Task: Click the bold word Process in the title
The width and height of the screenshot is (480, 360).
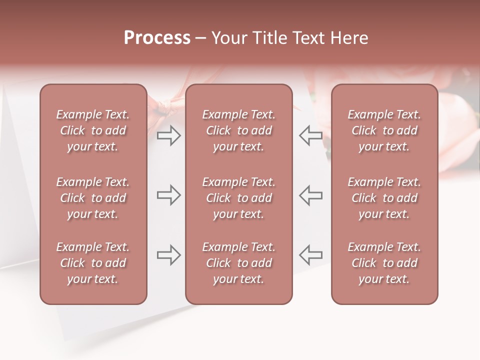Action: click(157, 38)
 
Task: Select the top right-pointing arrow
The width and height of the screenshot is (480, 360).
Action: click(168, 135)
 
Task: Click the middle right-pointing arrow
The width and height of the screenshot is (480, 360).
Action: click(168, 195)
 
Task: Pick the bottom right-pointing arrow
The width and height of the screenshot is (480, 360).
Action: click(168, 255)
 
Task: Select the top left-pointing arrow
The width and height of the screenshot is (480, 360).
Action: click(310, 135)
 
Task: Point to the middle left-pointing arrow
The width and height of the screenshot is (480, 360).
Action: click(310, 195)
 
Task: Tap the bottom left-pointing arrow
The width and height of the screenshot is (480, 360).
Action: click(310, 255)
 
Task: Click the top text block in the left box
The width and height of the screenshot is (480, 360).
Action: click(93, 130)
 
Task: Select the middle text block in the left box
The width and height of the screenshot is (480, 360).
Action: click(93, 198)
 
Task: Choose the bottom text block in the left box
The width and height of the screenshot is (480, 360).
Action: click(93, 263)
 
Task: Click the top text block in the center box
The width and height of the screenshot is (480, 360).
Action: click(238, 130)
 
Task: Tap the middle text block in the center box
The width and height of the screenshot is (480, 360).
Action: click(238, 198)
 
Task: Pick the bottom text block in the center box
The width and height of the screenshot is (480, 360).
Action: click(238, 263)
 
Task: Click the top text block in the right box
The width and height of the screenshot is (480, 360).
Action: click(384, 130)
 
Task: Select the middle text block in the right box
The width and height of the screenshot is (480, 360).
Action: click(384, 198)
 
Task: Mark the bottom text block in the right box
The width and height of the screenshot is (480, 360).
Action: click(384, 263)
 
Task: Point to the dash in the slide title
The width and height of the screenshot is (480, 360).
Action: click(201, 38)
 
